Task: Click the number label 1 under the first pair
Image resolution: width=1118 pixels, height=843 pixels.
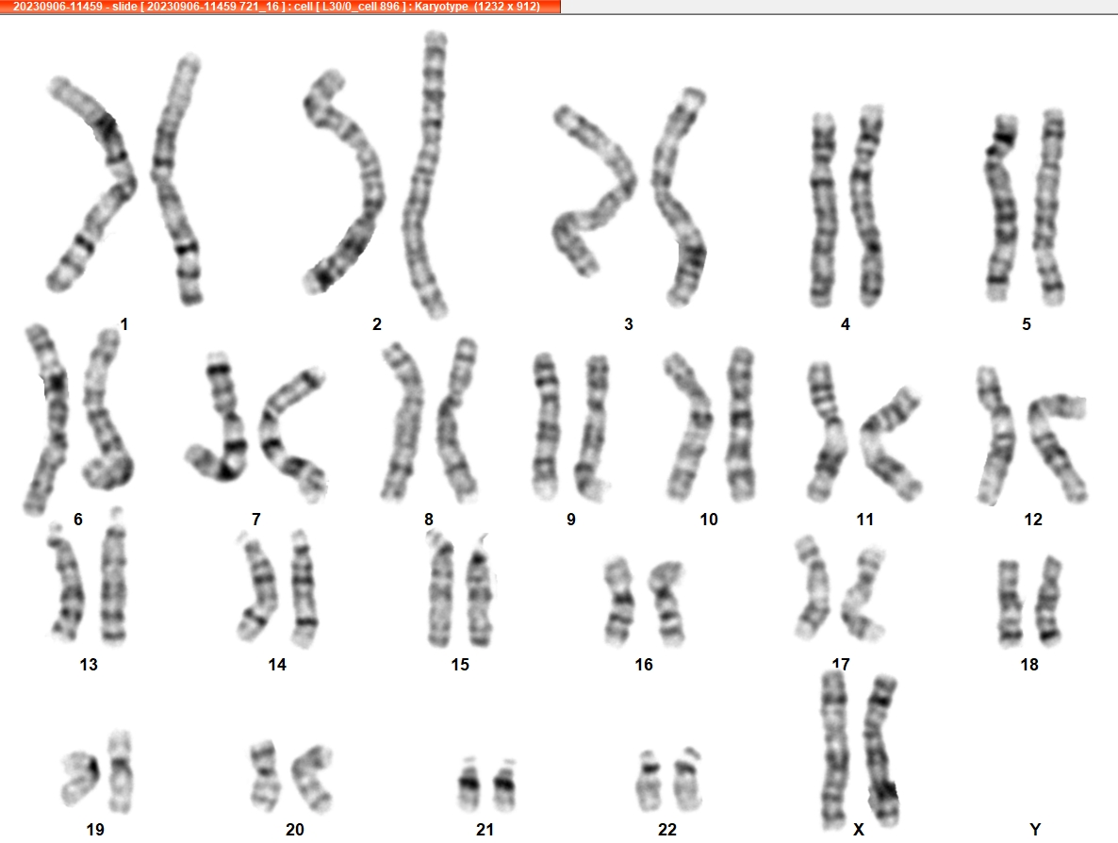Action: coord(124,324)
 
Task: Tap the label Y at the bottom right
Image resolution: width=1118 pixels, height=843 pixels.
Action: coord(1035,830)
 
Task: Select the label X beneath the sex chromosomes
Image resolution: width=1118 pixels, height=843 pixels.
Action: coord(859,830)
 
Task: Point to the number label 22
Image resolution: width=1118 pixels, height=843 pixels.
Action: coord(667,830)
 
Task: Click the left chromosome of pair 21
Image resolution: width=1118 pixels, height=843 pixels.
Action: coord(469,784)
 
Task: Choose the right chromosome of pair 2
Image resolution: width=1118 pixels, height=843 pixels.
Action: coord(427,174)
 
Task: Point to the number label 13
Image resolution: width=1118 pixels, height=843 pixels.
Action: coord(89,665)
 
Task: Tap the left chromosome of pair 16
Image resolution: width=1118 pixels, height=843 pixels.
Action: coord(619,602)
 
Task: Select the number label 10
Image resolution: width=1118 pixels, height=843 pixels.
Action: coord(709,520)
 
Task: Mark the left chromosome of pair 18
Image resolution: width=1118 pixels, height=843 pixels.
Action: coord(1009,602)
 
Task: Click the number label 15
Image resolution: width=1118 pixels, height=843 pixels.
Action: coord(460,665)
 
